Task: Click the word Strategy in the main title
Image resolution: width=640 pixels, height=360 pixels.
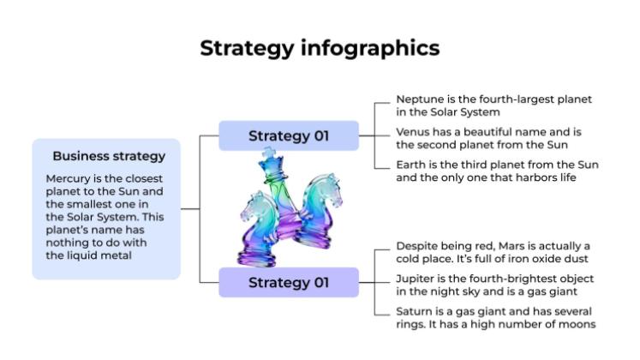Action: point(246,48)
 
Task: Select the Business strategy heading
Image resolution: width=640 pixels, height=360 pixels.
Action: point(109,156)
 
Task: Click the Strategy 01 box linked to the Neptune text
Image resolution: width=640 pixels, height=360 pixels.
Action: point(288,135)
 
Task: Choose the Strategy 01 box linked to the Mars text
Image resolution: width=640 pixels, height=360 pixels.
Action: point(288,282)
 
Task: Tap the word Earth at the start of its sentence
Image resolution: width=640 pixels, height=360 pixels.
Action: point(411,165)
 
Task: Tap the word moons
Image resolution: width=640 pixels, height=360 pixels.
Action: point(577,324)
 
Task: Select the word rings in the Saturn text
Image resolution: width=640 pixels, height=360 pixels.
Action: point(413,324)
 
